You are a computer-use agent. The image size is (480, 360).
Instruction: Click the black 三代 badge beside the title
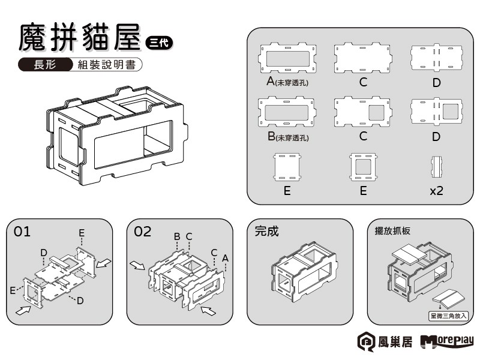pyautogui.click(x=159, y=42)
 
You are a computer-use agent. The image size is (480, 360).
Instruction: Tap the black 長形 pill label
pyautogui.click(x=45, y=65)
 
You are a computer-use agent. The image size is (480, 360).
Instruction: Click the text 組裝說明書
pyautogui.click(x=106, y=65)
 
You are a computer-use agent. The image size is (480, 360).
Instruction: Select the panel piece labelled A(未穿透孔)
pyautogui.click(x=288, y=58)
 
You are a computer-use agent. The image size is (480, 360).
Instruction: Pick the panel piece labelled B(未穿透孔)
pyautogui.click(x=288, y=112)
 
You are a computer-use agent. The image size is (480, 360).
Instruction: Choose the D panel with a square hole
pyautogui.click(x=436, y=112)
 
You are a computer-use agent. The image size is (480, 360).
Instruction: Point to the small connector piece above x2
pyautogui.click(x=436, y=167)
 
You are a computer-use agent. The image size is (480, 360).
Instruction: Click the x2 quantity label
pyautogui.click(x=436, y=191)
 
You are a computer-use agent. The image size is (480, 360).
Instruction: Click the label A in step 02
pyautogui.click(x=225, y=257)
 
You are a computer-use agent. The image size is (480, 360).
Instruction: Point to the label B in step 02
pyautogui.click(x=177, y=236)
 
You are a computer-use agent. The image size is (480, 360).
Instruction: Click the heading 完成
pyautogui.click(x=267, y=231)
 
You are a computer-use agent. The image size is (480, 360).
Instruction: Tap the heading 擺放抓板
pyautogui.click(x=392, y=230)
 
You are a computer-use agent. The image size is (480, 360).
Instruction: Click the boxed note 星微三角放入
pyautogui.click(x=448, y=314)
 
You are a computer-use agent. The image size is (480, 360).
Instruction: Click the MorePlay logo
pyautogui.click(x=447, y=342)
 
